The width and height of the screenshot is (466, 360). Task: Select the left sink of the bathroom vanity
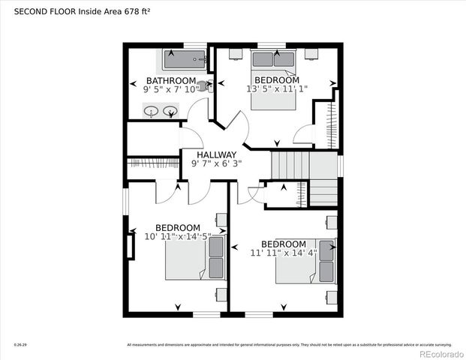coord(151,112)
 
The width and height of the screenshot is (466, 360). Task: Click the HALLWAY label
coord(217,154)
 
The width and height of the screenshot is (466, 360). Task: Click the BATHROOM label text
coord(171,81)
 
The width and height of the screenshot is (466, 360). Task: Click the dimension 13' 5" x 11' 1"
coord(277,89)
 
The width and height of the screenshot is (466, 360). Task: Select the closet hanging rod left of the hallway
coord(153,163)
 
